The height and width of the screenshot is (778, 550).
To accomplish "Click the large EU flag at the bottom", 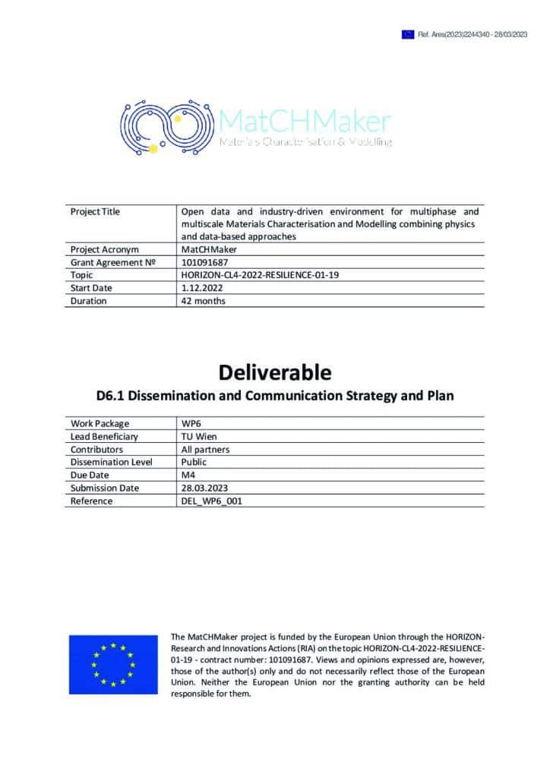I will pyautogui.click(x=113, y=663).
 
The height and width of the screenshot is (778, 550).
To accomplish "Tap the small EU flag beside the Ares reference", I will pyautogui.click(x=408, y=34).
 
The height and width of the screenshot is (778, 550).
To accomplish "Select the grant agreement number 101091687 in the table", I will pyautogui.click(x=204, y=262).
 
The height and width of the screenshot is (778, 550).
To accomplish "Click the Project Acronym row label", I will pyautogui.click(x=104, y=249).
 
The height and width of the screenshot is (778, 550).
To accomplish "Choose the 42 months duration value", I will pyautogui.click(x=203, y=301).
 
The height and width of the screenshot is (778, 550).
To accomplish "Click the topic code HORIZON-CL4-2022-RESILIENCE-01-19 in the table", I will pyautogui.click(x=260, y=275).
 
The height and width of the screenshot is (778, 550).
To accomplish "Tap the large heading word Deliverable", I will pyautogui.click(x=275, y=372).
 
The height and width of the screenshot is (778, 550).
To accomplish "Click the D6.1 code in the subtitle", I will pyautogui.click(x=112, y=396).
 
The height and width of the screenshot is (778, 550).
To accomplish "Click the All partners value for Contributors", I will pyautogui.click(x=206, y=449).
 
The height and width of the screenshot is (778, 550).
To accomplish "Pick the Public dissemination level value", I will pyautogui.click(x=194, y=462).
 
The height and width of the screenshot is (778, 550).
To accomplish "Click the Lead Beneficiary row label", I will pyautogui.click(x=105, y=436).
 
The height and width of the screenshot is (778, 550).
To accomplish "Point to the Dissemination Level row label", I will pyautogui.click(x=112, y=462).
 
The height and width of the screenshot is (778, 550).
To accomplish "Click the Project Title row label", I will pyautogui.click(x=95, y=212).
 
